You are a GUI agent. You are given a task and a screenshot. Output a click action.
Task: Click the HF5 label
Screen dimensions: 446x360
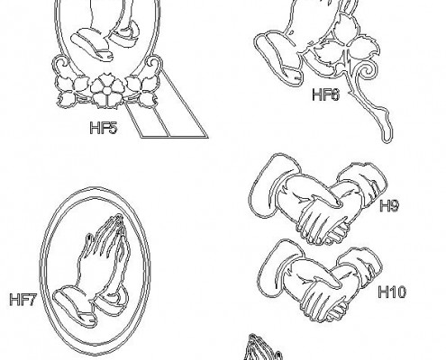[x=103, y=128]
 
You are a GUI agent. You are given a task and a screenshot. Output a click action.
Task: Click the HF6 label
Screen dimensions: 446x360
[x=325, y=94]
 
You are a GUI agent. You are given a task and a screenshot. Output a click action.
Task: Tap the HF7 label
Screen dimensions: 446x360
[x=23, y=300]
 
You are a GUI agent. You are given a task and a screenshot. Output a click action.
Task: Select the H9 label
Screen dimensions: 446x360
[x=389, y=206]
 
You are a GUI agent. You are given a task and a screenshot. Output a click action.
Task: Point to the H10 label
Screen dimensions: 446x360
[x=392, y=292]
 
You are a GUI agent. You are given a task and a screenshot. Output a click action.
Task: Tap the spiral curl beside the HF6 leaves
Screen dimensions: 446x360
[x=366, y=71]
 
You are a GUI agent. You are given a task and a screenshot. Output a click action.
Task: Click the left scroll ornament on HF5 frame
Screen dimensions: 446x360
[x=62, y=66]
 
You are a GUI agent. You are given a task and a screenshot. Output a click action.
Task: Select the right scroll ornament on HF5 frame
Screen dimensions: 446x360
[x=153, y=66]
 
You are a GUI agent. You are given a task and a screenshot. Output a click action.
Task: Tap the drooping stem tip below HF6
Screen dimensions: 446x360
[x=387, y=132]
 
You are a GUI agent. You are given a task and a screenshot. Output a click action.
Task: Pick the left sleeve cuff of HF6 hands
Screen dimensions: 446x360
[x=278, y=57]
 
